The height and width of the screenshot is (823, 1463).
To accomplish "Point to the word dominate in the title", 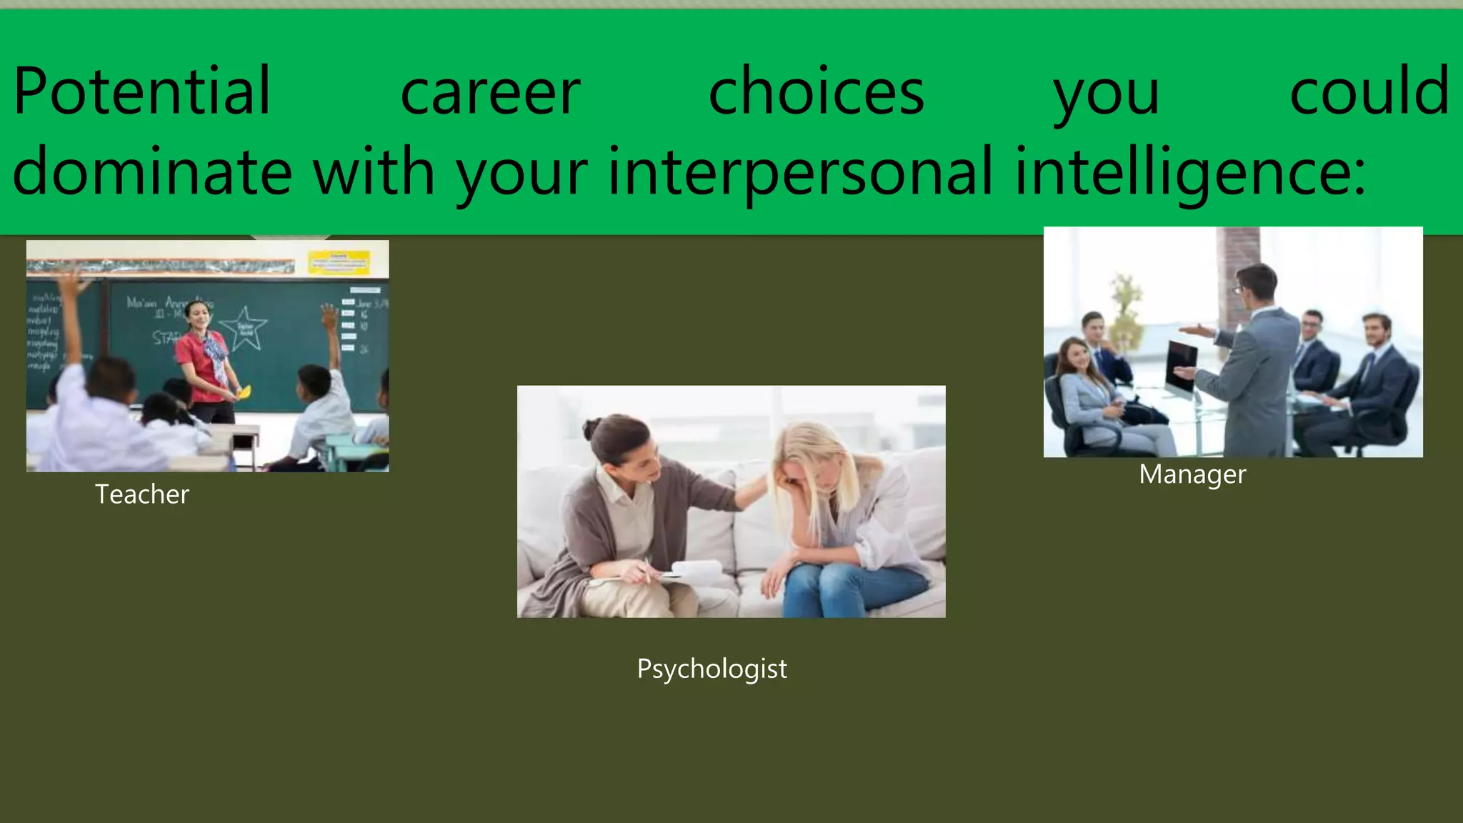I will (152, 171).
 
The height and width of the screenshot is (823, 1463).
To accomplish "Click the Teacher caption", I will (142, 494).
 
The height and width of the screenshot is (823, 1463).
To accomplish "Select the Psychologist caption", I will (711, 669).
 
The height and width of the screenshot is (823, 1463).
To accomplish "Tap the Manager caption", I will (1192, 474).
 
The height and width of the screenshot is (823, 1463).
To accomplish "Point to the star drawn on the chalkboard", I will (244, 329).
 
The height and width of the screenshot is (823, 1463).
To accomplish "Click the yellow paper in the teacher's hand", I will (244, 391).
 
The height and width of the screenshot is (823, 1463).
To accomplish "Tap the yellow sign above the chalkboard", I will (339, 261).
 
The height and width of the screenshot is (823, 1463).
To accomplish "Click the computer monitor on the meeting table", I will (1182, 369).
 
